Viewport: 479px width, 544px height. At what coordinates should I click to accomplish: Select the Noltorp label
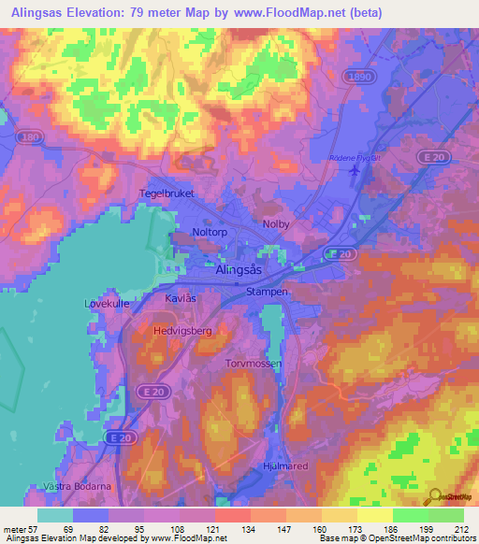[211, 233]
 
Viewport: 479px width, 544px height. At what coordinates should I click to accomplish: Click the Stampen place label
[267, 292]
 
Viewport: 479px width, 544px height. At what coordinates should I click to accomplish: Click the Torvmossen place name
[254, 363]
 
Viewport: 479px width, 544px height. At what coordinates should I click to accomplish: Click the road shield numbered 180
[33, 137]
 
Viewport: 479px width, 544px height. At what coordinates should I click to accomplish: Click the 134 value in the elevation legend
[250, 530]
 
